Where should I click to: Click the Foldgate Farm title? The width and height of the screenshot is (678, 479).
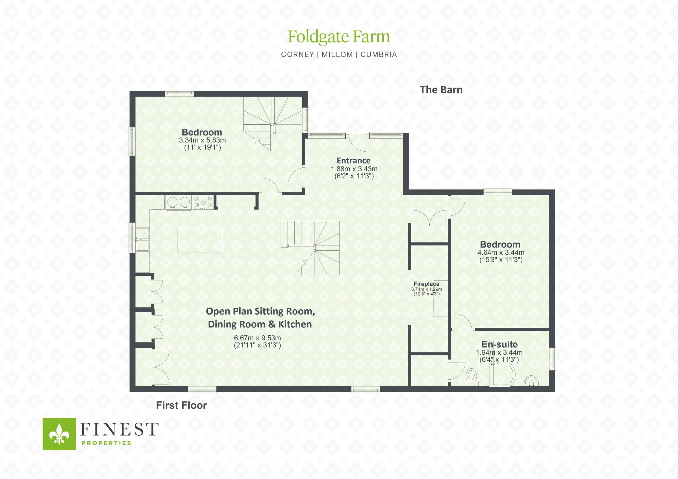[339, 37]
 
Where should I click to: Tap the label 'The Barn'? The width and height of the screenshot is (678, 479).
[441, 90]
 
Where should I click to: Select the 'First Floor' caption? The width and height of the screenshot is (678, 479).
[181, 405]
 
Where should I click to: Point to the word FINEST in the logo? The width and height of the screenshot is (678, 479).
[119, 429]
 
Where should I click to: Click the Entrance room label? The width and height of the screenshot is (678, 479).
[353, 161]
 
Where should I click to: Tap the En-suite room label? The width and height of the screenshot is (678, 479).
[499, 344]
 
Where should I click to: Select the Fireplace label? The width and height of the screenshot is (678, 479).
[426, 284]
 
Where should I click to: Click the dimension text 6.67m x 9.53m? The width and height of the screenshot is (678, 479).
[257, 338]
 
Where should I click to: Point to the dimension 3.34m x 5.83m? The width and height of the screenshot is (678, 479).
[202, 140]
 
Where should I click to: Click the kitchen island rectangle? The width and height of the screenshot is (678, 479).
[200, 240]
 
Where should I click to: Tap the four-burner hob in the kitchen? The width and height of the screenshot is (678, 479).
[203, 202]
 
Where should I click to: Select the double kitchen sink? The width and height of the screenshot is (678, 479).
[143, 239]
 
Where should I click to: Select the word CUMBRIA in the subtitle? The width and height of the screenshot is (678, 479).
[379, 54]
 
